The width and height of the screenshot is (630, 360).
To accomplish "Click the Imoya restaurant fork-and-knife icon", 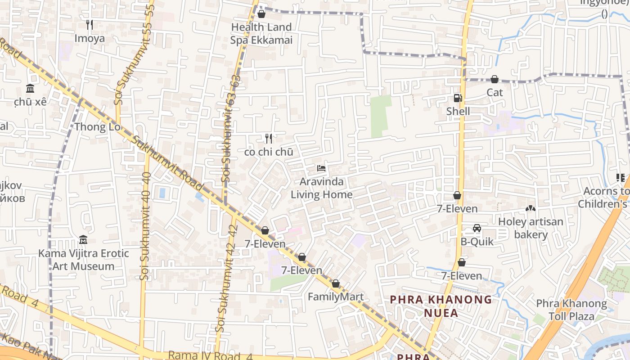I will tap(89, 24).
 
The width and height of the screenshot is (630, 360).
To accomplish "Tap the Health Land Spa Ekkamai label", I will tap(261, 34).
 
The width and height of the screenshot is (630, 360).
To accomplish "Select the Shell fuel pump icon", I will tap(458, 98).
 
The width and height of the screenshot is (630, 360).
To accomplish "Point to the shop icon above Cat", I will tap(495, 79).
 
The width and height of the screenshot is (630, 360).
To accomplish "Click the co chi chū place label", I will tap(269, 152).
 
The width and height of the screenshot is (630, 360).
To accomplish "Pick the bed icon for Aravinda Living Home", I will tap(321, 168).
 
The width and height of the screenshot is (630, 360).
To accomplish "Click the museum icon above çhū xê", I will tap(30, 88).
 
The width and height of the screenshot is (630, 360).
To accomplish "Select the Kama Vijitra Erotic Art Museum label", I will tap(83, 260).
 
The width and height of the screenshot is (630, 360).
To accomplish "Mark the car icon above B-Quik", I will tap(477, 228).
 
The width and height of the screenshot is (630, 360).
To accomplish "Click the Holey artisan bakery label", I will tap(531, 228).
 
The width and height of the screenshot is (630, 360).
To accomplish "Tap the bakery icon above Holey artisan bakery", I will tap(531, 208).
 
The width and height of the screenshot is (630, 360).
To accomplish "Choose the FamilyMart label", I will tap(335, 297).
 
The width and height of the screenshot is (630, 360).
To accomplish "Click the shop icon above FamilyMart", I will tap(335, 284).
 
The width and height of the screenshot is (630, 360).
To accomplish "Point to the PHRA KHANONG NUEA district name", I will tap(441, 306).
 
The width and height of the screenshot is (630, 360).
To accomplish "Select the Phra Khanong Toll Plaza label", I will tap(571, 310).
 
